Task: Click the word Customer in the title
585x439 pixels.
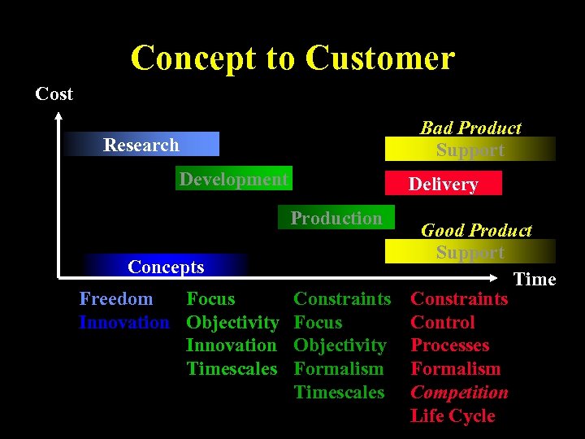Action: (380, 59)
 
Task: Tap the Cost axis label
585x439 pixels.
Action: (54, 93)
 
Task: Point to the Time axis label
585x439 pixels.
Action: (535, 280)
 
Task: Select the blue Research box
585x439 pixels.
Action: (142, 145)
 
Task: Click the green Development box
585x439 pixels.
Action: (234, 180)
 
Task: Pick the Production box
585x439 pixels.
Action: (336, 218)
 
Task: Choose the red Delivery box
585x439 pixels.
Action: (443, 185)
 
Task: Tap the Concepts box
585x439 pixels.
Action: (167, 267)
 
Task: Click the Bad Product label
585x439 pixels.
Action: (470, 128)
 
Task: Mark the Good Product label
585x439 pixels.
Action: (476, 231)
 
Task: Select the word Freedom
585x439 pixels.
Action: (116, 299)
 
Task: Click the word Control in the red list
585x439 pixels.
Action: (443, 323)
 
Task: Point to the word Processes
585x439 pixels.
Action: (450, 346)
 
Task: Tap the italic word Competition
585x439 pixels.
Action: (459, 393)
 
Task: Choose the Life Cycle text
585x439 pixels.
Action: (453, 416)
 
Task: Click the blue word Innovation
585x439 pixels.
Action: (124, 323)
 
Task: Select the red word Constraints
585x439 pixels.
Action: (459, 299)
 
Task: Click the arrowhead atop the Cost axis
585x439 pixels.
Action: (59, 119)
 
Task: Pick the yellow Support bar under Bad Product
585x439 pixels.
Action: (470, 150)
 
